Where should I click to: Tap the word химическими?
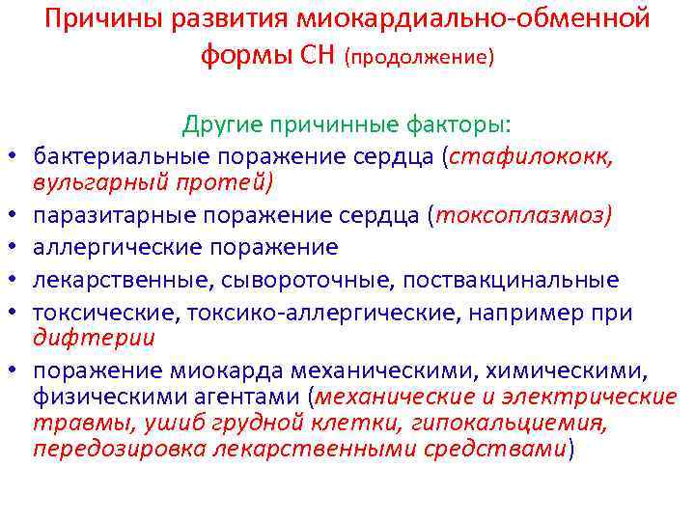coord(585,371)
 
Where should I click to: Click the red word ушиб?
coord(136,423)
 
